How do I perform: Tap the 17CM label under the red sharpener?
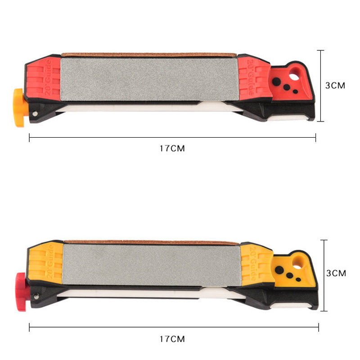pyautogui.click(x=172, y=148)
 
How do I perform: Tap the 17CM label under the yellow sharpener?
pyautogui.click(x=172, y=339)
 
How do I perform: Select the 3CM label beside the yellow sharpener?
pyautogui.click(x=336, y=273)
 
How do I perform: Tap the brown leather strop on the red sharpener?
pyautogui.click(x=148, y=55)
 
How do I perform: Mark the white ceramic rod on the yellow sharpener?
pyautogui.click(x=135, y=293)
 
